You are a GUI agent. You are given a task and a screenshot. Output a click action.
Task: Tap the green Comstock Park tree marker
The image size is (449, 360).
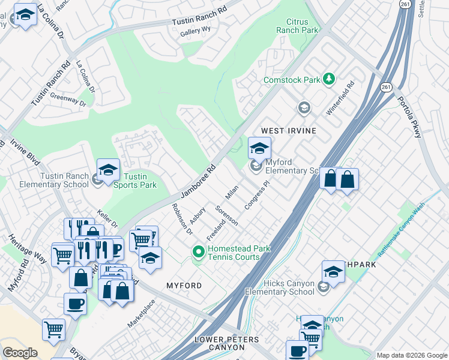(328, 79)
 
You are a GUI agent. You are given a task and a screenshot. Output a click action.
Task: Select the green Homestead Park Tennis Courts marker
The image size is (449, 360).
(199, 253)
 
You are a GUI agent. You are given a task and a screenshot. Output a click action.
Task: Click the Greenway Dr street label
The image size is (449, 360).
(68, 99)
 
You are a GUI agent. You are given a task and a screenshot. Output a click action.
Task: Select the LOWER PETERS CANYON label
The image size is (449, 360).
(231, 343)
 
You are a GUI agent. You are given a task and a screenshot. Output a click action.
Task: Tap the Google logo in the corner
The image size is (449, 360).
(20, 353)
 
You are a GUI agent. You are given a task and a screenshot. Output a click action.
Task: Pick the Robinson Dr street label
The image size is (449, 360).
(181, 219)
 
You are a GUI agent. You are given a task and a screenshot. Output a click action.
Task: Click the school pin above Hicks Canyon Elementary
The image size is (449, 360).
(333, 272)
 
